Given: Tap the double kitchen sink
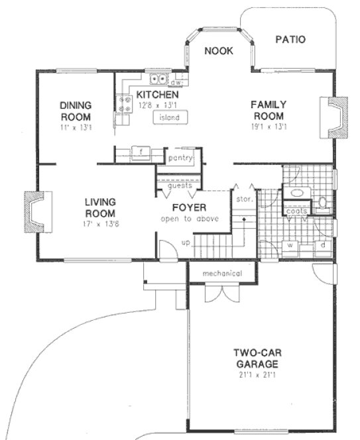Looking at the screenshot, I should [158, 80].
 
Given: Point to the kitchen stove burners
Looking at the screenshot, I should [123, 103].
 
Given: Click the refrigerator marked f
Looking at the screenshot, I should [140, 152].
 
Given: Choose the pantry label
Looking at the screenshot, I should [180, 158].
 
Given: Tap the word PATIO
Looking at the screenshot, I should [290, 40].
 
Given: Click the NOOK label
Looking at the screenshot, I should [218, 51].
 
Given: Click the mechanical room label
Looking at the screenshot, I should [222, 273].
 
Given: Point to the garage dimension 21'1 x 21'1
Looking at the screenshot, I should [255, 375].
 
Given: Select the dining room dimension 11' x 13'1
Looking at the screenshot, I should [76, 126].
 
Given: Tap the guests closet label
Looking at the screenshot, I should [180, 186].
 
